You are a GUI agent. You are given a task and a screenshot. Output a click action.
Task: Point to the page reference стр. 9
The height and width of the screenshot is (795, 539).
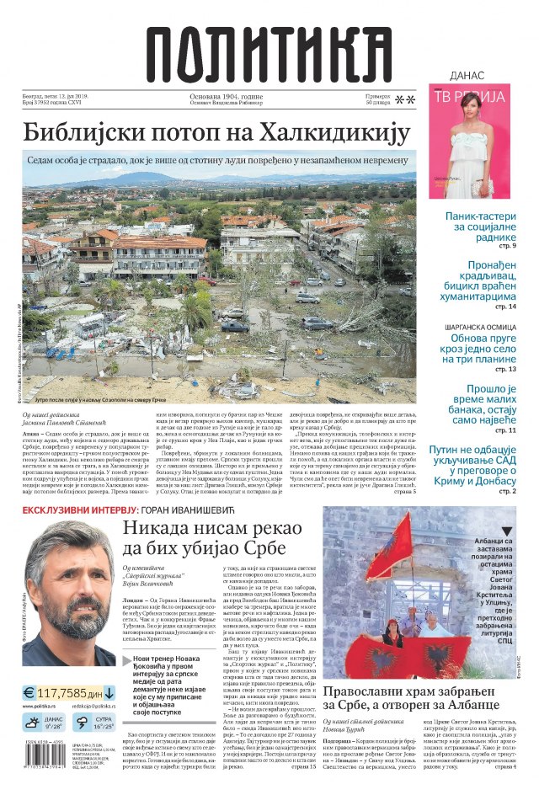(x=506, y=245)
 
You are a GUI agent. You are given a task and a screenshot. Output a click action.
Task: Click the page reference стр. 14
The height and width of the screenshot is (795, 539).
(x=504, y=306)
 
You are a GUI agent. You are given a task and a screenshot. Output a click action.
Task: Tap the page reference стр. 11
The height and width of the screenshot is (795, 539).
(x=504, y=430)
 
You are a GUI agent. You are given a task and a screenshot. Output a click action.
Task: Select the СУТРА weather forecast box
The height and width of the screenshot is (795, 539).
(x=93, y=723)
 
